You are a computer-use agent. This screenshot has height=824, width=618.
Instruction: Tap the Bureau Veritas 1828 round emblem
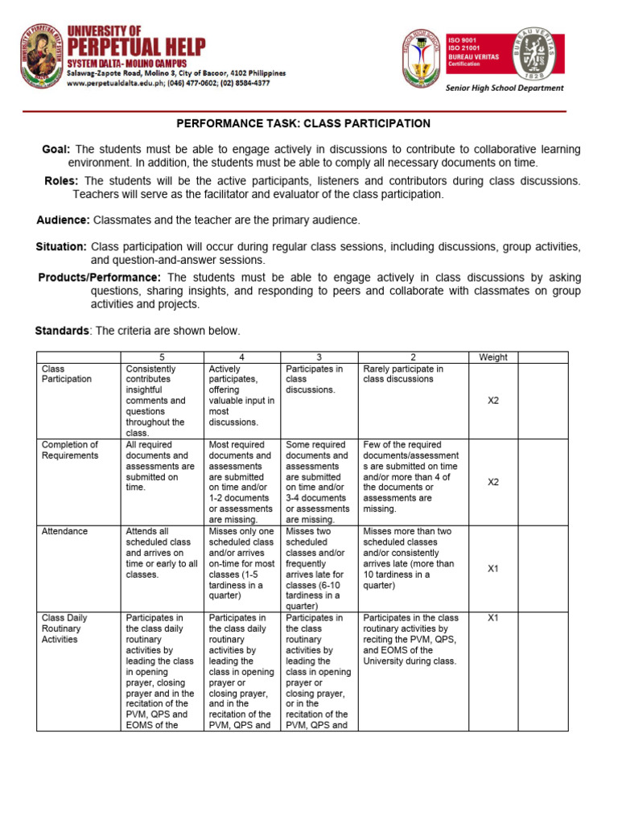(538, 55)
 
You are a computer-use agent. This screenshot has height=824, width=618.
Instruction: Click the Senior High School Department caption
(505, 89)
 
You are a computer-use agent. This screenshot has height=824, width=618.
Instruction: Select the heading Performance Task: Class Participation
(303, 124)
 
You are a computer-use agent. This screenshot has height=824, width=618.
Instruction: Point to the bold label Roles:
(61, 181)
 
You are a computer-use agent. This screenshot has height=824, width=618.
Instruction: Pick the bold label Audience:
(64, 220)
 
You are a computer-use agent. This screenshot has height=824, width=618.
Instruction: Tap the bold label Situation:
(61, 246)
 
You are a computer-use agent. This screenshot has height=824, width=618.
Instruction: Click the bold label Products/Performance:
(100, 278)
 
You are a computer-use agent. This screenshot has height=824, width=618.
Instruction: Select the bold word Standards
(62, 331)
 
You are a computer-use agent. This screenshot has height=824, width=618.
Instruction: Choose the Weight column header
(492, 357)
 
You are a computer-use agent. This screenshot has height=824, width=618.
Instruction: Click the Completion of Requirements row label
(70, 450)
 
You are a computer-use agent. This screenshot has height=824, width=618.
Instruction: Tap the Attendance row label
(65, 531)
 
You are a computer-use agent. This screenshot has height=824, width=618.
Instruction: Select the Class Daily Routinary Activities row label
(64, 628)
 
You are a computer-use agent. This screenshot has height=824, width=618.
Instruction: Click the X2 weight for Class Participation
(493, 400)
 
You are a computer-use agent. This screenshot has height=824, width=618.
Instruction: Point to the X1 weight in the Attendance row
(493, 568)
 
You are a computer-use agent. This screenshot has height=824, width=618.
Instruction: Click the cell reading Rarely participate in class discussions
(403, 374)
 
